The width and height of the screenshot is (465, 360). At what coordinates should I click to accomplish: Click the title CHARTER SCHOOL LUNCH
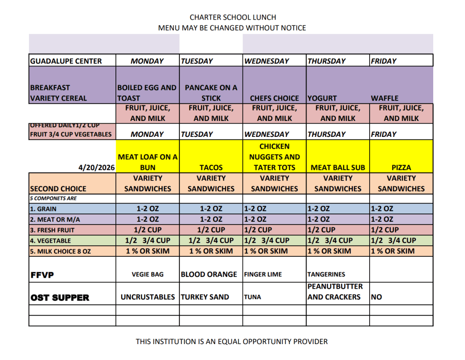pyautogui.click(x=232, y=17)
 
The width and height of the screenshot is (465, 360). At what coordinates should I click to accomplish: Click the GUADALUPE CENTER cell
pyautogui.click(x=66, y=61)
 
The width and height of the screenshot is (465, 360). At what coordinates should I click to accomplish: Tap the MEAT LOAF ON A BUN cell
pyautogui.click(x=148, y=162)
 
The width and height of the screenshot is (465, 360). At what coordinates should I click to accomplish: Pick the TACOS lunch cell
pyautogui.click(x=211, y=167)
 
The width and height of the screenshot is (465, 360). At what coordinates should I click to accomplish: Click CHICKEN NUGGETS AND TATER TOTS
pyautogui.click(x=274, y=157)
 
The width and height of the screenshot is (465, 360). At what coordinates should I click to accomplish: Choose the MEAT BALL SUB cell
pyautogui.click(x=337, y=167)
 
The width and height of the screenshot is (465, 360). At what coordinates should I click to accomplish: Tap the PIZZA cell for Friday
pyautogui.click(x=401, y=167)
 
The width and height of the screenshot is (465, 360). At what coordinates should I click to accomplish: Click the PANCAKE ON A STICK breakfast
pyautogui.click(x=211, y=93)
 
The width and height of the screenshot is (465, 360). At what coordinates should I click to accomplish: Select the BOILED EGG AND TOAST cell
pyautogui.click(x=147, y=93)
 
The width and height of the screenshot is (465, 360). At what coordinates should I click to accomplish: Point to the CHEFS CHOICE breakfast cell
pyautogui.click(x=274, y=98)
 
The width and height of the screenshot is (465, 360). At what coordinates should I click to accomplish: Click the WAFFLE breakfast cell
pyautogui.click(x=385, y=98)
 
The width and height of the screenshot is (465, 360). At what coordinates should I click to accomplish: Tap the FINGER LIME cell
pyautogui.click(x=263, y=275)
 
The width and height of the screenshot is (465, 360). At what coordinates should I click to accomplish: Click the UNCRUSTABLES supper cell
pyautogui.click(x=148, y=297)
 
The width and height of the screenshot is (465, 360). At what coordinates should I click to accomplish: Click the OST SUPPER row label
pyautogui.click(x=60, y=298)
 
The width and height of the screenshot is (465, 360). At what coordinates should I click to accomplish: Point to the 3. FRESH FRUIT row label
pyautogui.click(x=52, y=230)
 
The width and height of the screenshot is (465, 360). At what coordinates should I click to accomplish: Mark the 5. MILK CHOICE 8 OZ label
pyautogui.click(x=60, y=251)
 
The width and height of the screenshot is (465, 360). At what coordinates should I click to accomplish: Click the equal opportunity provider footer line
pyautogui.click(x=232, y=341)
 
